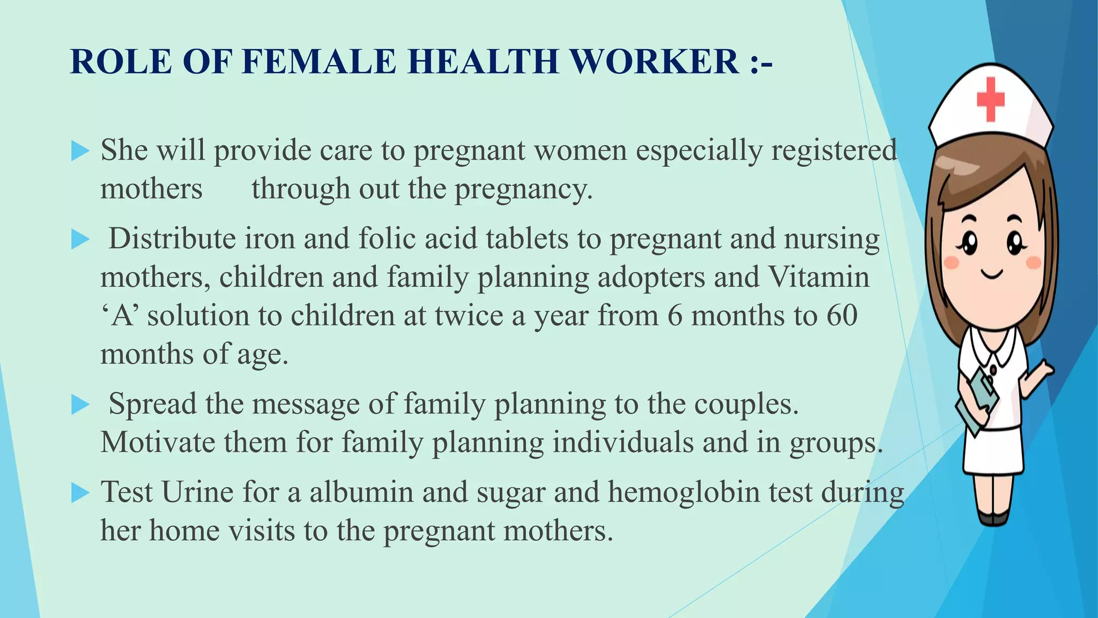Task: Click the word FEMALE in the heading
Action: pos(319,62)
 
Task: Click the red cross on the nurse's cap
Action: pos(990,99)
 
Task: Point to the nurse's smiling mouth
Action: pos(992,274)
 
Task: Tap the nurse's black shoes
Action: pos(993,518)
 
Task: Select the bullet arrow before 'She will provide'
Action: pos(80,151)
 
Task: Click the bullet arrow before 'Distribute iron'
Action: pos(80,240)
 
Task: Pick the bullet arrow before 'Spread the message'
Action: pos(80,405)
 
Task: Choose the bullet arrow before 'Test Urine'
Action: pos(80,493)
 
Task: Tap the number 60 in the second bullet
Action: pos(842,315)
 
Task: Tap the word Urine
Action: pos(197,492)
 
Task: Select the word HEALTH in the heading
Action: pos(484,62)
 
